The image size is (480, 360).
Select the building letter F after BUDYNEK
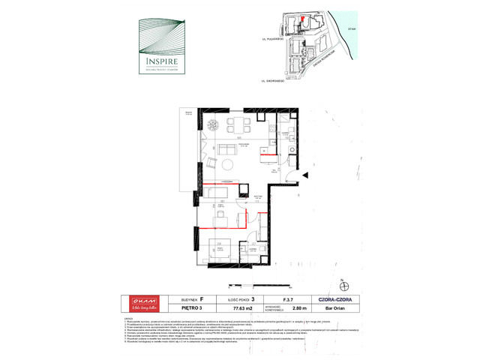[x=201, y=298]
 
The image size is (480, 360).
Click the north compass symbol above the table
[x=343, y=286]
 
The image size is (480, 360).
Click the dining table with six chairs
[x=239, y=124]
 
